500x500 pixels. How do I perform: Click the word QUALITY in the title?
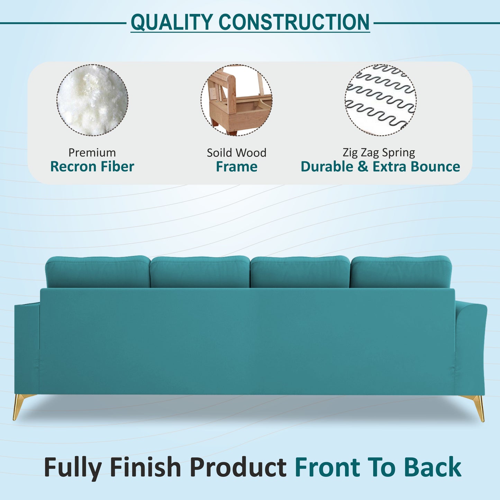point(172,22)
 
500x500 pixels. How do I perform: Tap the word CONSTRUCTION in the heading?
point(294,22)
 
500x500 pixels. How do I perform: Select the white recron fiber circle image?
point(92,100)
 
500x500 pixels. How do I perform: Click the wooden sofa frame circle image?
point(236,100)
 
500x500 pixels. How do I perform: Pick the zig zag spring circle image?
point(380,100)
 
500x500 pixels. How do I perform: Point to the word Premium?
point(92,153)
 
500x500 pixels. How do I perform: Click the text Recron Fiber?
point(92,167)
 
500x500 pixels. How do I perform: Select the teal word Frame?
point(236,167)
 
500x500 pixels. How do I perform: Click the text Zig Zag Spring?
point(379,153)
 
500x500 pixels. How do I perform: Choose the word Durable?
point(327,167)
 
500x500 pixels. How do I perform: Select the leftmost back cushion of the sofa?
point(98,272)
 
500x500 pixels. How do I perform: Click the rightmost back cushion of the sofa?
point(401,272)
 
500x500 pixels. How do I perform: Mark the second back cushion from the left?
point(200,272)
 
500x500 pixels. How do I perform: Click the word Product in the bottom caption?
point(238,467)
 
